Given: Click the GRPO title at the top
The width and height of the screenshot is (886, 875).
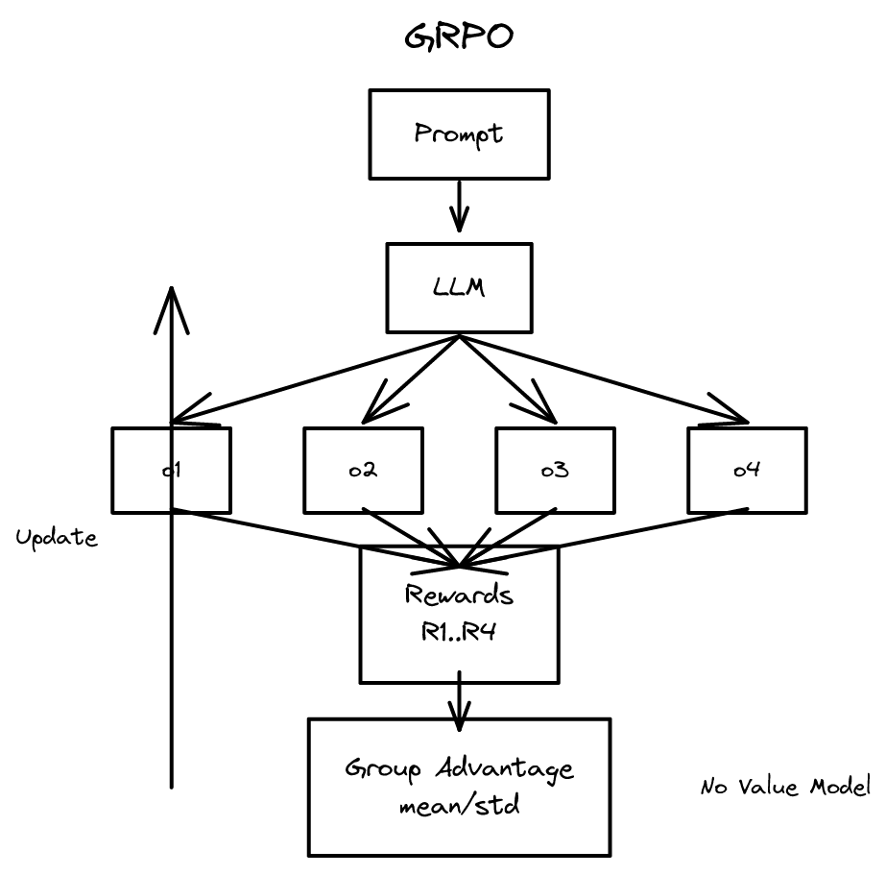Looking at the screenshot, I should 459,37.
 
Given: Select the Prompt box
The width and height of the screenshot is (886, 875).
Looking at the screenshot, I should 458,134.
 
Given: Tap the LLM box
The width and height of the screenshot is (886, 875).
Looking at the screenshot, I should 459,286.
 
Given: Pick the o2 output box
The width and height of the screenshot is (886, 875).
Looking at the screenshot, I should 363,470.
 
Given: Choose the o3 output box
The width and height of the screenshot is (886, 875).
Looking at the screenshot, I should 555,470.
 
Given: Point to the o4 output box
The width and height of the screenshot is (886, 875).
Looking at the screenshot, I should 747,470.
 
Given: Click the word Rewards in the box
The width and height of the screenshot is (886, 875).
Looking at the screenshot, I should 459,595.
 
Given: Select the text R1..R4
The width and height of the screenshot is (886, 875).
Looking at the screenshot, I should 459,631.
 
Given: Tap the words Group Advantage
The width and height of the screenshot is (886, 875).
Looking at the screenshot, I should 459,769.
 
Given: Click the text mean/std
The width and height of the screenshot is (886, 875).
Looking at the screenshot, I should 459,805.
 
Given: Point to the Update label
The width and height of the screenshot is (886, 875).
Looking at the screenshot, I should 57,538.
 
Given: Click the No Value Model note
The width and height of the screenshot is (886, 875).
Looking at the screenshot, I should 784,788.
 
